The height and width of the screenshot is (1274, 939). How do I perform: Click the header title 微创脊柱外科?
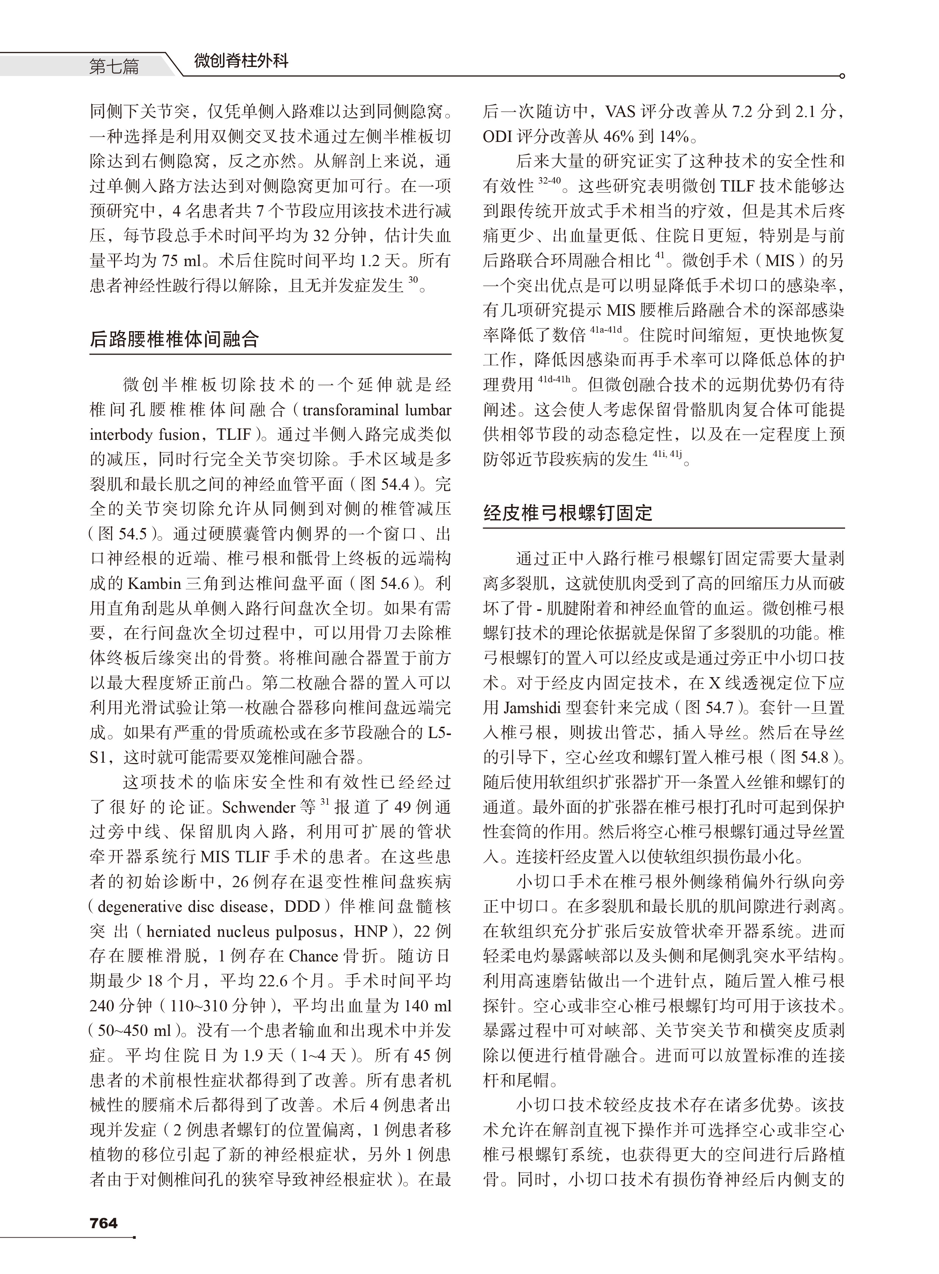241,60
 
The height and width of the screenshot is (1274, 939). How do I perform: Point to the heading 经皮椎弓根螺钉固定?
568,513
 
